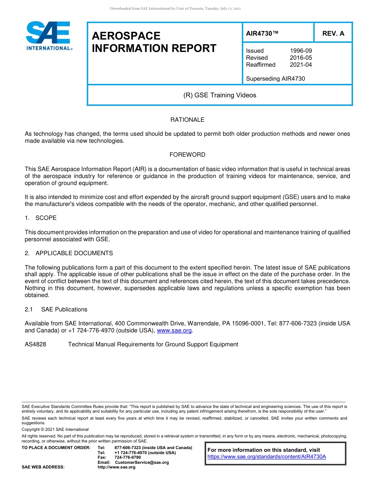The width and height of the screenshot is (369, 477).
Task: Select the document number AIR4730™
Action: coord(262,33)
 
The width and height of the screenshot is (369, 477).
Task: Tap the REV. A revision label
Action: coord(333,33)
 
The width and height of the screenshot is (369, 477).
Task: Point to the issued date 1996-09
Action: coord(301,51)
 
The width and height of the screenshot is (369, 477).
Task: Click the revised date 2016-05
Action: coord(301,58)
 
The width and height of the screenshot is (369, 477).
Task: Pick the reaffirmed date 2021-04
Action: coord(301,65)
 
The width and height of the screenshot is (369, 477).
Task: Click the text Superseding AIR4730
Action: coord(275,79)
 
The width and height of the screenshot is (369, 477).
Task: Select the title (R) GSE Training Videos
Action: coord(219,95)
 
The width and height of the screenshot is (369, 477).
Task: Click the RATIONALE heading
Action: coord(187,120)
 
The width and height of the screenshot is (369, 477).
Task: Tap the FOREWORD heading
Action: coord(187,155)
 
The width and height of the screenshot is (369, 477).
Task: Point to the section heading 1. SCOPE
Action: coord(41,218)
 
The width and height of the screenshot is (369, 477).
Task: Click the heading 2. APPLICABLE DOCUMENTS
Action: coord(69,253)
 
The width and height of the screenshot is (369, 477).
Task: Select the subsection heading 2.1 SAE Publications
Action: coord(56,309)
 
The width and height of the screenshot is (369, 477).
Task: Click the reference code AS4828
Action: coord(35,344)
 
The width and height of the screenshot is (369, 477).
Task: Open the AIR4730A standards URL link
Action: coord(266,457)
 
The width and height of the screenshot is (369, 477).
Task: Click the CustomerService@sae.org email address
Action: coord(142,462)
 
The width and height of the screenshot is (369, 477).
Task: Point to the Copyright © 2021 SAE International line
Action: coord(55,429)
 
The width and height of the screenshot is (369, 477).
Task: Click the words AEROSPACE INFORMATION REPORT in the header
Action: coord(154,42)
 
